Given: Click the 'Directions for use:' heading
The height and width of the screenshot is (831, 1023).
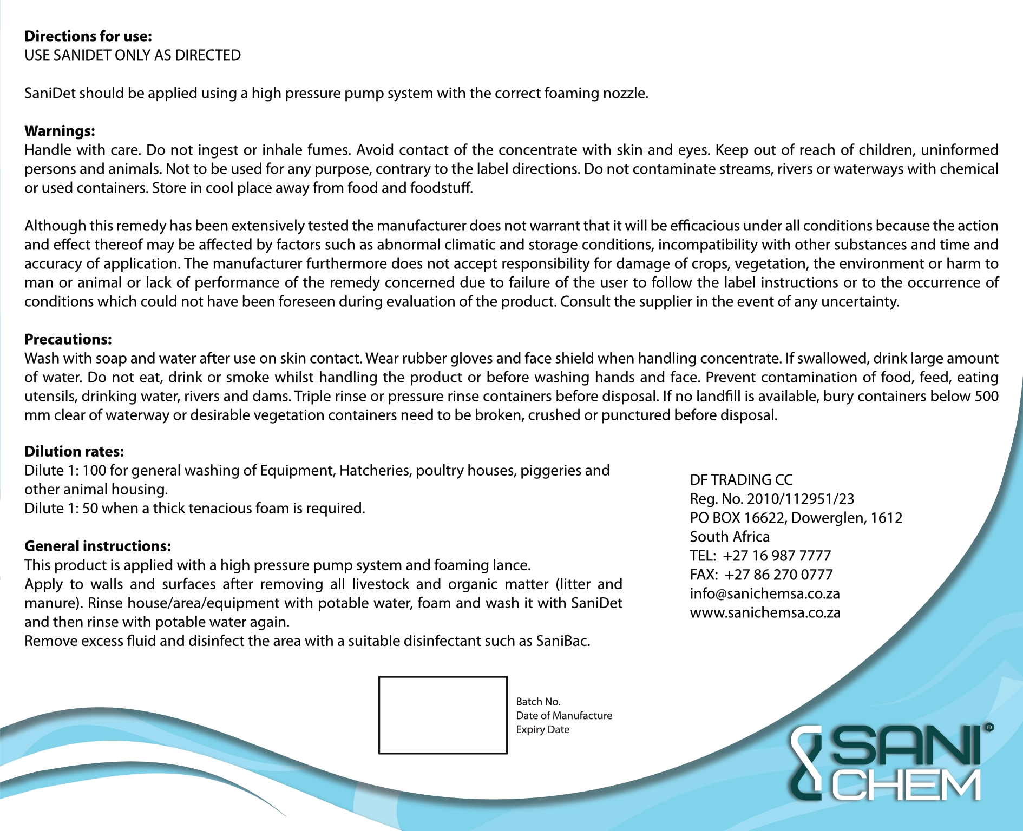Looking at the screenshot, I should (88, 36).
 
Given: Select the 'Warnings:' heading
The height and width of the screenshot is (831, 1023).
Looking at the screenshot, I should (60, 131).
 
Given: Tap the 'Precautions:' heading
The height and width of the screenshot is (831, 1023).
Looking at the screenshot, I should (68, 339).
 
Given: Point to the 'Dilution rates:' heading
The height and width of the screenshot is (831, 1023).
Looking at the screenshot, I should (74, 451).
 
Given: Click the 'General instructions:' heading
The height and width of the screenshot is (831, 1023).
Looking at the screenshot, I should (97, 546).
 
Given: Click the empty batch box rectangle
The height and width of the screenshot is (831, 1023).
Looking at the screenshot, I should (443, 715).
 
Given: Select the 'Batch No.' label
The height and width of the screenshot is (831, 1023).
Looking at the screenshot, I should (538, 702).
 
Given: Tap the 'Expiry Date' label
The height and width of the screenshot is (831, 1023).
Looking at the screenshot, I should (542, 729).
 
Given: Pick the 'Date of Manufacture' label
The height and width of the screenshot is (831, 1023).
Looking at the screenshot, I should (564, 715).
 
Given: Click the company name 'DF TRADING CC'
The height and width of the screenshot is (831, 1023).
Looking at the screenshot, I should (741, 480).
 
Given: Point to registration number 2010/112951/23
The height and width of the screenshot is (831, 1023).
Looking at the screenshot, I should (800, 499).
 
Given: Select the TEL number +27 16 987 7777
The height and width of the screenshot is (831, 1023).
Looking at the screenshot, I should (776, 556).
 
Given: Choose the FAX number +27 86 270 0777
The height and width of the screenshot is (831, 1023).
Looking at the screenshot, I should (778, 575).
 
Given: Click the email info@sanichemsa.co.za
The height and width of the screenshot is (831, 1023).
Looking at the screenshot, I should (764, 593).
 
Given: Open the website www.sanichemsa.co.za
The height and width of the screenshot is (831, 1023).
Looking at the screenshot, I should (765, 612).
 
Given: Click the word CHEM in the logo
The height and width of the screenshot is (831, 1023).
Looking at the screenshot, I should (906, 785).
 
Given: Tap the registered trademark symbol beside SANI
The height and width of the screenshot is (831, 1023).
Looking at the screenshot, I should (989, 728).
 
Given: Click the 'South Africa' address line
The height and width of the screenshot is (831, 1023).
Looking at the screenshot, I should (729, 537).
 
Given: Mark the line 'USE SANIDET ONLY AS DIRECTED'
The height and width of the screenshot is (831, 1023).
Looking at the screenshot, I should (133, 55).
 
